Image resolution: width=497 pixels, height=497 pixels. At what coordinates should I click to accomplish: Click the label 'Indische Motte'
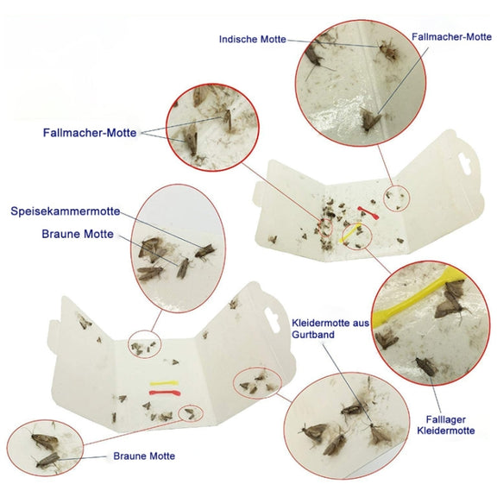click(253, 40)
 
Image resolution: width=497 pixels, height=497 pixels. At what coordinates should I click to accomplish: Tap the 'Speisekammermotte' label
click(66, 211)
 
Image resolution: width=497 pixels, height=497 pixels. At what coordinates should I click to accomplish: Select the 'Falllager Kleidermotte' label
click(445, 425)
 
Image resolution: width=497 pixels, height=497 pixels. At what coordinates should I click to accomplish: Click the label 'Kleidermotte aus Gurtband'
click(330, 329)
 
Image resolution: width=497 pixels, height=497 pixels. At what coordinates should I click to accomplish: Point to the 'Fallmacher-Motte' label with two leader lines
click(90, 133)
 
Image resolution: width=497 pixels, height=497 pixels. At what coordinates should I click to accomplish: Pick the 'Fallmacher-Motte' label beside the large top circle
click(451, 37)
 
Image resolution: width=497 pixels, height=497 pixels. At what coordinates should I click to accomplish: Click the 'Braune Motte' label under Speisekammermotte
click(78, 234)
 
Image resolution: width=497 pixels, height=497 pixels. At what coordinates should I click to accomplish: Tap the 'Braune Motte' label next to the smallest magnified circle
click(144, 456)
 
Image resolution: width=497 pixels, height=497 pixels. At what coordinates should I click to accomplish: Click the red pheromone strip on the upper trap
click(368, 212)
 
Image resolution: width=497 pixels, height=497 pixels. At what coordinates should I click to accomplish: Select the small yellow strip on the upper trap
click(350, 233)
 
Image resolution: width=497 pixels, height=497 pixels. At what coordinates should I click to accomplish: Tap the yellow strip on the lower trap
click(164, 383)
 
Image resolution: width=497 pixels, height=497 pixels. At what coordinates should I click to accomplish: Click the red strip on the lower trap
click(165, 393)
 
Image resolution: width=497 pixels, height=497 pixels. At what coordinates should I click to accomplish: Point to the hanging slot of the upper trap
click(464, 164)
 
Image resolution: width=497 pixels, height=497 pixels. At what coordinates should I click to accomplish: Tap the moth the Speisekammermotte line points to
click(204, 251)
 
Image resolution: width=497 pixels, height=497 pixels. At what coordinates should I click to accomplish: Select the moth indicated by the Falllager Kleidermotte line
click(426, 367)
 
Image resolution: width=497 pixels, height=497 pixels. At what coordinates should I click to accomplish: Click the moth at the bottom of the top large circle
click(370, 120)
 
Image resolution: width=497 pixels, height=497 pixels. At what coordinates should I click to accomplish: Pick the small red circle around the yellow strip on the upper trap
click(357, 236)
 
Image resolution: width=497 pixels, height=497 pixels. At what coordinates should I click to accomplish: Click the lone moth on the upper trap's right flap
click(400, 241)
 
